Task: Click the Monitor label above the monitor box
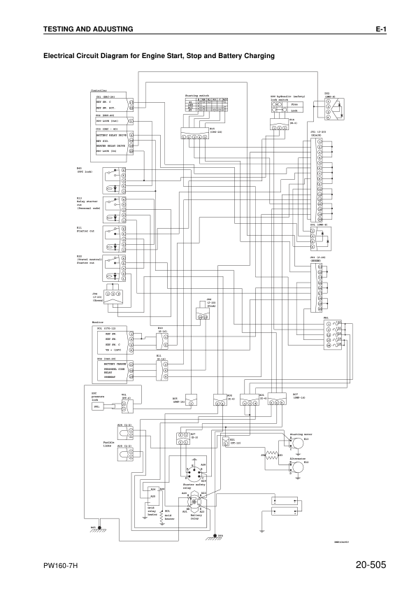(x=98, y=322)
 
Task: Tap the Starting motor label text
(x=300, y=434)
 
